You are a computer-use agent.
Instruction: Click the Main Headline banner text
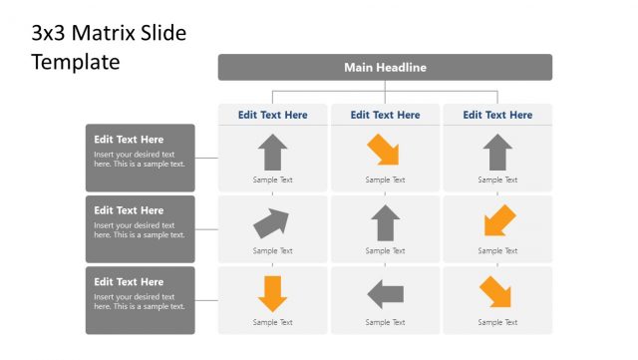385,68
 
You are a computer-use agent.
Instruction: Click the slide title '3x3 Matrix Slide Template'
109,47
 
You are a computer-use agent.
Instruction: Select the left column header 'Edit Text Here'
272,115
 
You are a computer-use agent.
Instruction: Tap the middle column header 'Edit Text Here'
385,115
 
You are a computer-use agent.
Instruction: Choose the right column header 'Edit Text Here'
497,115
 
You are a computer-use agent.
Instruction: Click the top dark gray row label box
140,157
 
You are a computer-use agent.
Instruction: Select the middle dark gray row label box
140,228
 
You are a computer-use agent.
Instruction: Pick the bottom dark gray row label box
140,299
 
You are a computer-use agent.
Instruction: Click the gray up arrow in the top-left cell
272,153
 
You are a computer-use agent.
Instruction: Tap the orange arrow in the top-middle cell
384,152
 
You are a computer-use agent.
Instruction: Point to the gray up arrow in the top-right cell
497,153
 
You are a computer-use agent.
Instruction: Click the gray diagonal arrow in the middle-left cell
271,222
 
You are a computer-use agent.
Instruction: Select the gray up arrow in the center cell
385,223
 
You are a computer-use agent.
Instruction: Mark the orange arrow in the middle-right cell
498,221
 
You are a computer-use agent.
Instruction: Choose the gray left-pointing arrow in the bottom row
385,294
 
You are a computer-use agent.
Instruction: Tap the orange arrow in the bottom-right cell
495,292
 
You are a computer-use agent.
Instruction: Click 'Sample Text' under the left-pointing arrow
385,322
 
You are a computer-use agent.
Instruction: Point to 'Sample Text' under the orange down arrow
272,322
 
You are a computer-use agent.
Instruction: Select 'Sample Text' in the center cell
385,251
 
